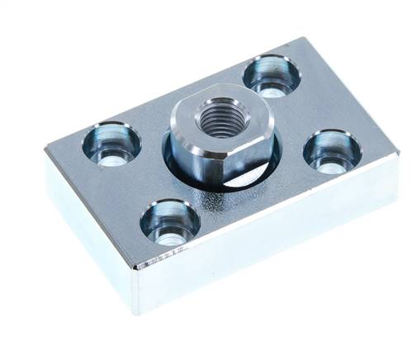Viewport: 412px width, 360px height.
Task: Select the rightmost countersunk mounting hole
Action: (x=332, y=152)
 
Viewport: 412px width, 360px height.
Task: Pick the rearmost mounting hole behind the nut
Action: (x=271, y=75)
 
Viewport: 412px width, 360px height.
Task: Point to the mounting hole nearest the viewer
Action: (x=170, y=222)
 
